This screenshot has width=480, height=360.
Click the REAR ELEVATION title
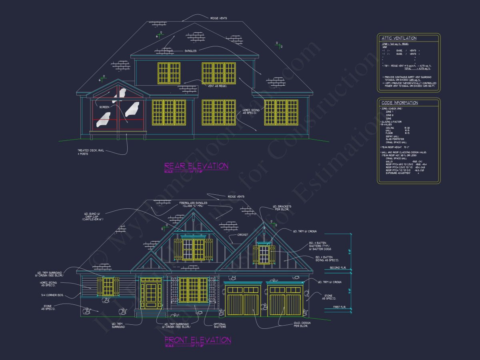196,166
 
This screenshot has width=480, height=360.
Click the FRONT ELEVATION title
198,340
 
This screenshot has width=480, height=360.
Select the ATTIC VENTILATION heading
399,38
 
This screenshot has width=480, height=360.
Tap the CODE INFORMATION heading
400,103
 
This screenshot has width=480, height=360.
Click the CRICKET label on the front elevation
243,235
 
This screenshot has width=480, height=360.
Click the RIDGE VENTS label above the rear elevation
218,18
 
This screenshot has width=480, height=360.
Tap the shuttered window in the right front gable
264,255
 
